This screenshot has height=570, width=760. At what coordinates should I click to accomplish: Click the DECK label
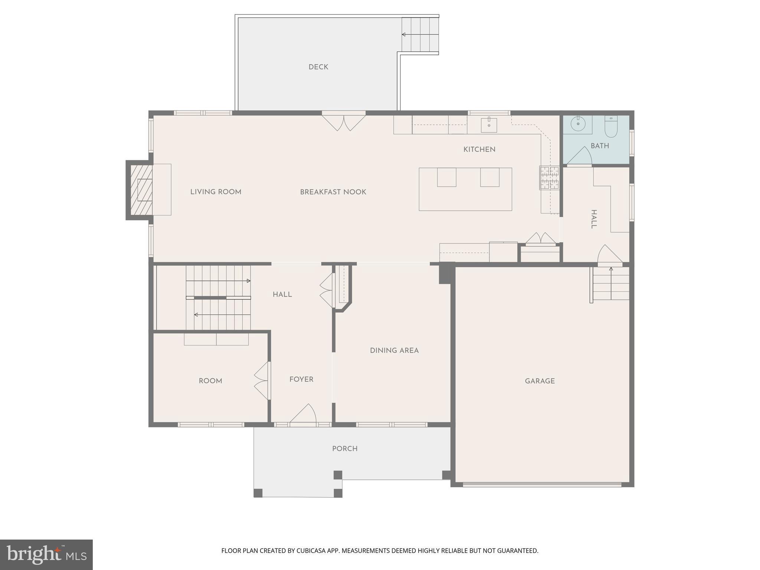[318, 67]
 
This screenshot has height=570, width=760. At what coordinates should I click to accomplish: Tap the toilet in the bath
[611, 127]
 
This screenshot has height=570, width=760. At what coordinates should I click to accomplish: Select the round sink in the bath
[578, 124]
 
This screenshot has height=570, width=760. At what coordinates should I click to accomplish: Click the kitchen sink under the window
[489, 125]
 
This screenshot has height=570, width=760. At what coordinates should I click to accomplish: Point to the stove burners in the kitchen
[549, 177]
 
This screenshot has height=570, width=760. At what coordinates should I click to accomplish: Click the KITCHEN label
[479, 150]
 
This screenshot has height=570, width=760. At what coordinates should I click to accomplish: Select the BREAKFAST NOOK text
[333, 192]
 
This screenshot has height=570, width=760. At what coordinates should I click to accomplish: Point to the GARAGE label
[540, 381]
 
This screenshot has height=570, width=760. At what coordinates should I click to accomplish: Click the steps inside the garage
[610, 284]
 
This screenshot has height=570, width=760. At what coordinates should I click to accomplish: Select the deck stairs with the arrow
[420, 35]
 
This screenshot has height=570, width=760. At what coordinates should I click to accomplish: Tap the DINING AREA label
[394, 351]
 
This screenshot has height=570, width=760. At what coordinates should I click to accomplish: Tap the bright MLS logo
[46, 554]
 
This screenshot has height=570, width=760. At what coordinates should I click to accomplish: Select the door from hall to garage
[609, 255]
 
